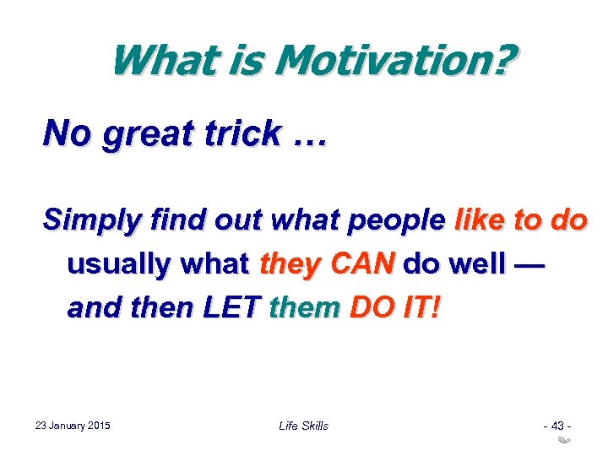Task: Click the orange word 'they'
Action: (289, 264)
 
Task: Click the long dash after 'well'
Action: (529, 264)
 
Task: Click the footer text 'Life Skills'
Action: (303, 426)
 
